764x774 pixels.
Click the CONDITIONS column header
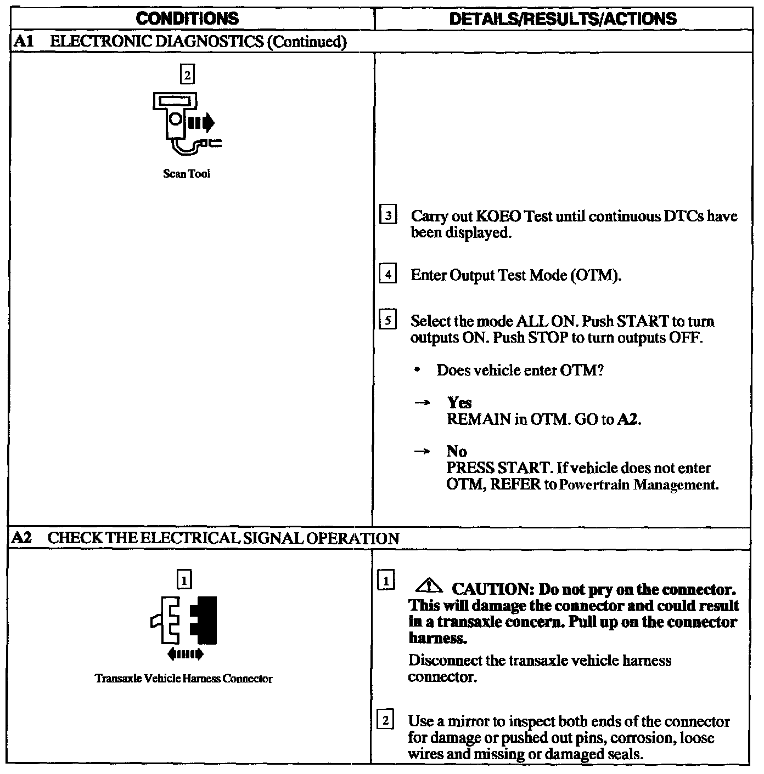[187, 19]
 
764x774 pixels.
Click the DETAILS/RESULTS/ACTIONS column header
[563, 19]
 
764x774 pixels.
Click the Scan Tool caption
[187, 174]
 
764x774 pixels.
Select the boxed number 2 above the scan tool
[187, 75]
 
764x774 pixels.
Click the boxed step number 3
[387, 216]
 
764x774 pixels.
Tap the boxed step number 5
[387, 320]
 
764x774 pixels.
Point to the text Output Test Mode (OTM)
[535, 275]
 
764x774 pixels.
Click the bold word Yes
[459, 403]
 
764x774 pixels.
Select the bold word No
[457, 452]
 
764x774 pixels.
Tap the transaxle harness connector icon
[185, 619]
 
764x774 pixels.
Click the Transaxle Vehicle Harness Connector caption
[183, 679]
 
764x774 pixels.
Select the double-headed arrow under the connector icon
[185, 654]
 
